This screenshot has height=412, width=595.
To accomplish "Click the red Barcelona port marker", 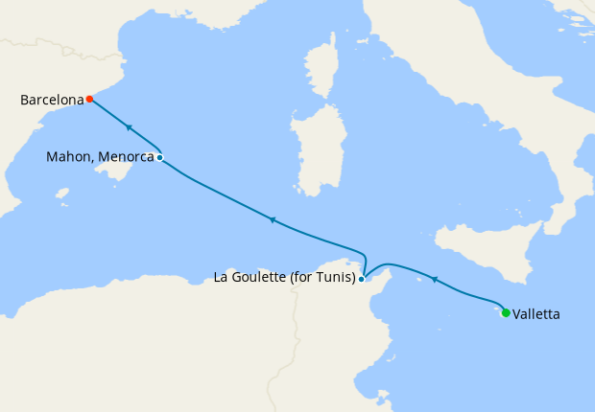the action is tap(89, 99).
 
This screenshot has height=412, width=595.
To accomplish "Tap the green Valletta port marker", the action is tap(506, 312).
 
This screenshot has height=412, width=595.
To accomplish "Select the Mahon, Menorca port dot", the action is tap(159, 157).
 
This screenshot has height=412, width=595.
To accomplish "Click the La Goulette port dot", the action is tap(361, 279).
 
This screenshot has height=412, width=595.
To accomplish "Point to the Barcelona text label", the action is tap(51, 99).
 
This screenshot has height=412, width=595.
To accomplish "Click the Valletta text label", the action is tap(536, 313).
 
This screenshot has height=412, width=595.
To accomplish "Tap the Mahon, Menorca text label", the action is tap(100, 157).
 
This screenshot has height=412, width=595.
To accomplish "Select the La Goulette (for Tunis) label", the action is tap(284, 279).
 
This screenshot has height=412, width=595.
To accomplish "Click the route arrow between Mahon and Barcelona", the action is tap(128, 127).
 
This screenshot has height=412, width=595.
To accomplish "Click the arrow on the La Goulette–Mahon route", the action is tap(273, 220).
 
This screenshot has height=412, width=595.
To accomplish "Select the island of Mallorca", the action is tap(119, 174).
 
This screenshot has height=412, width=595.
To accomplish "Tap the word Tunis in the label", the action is tap(335, 279).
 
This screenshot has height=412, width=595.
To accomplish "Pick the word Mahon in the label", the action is tap(67, 157).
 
